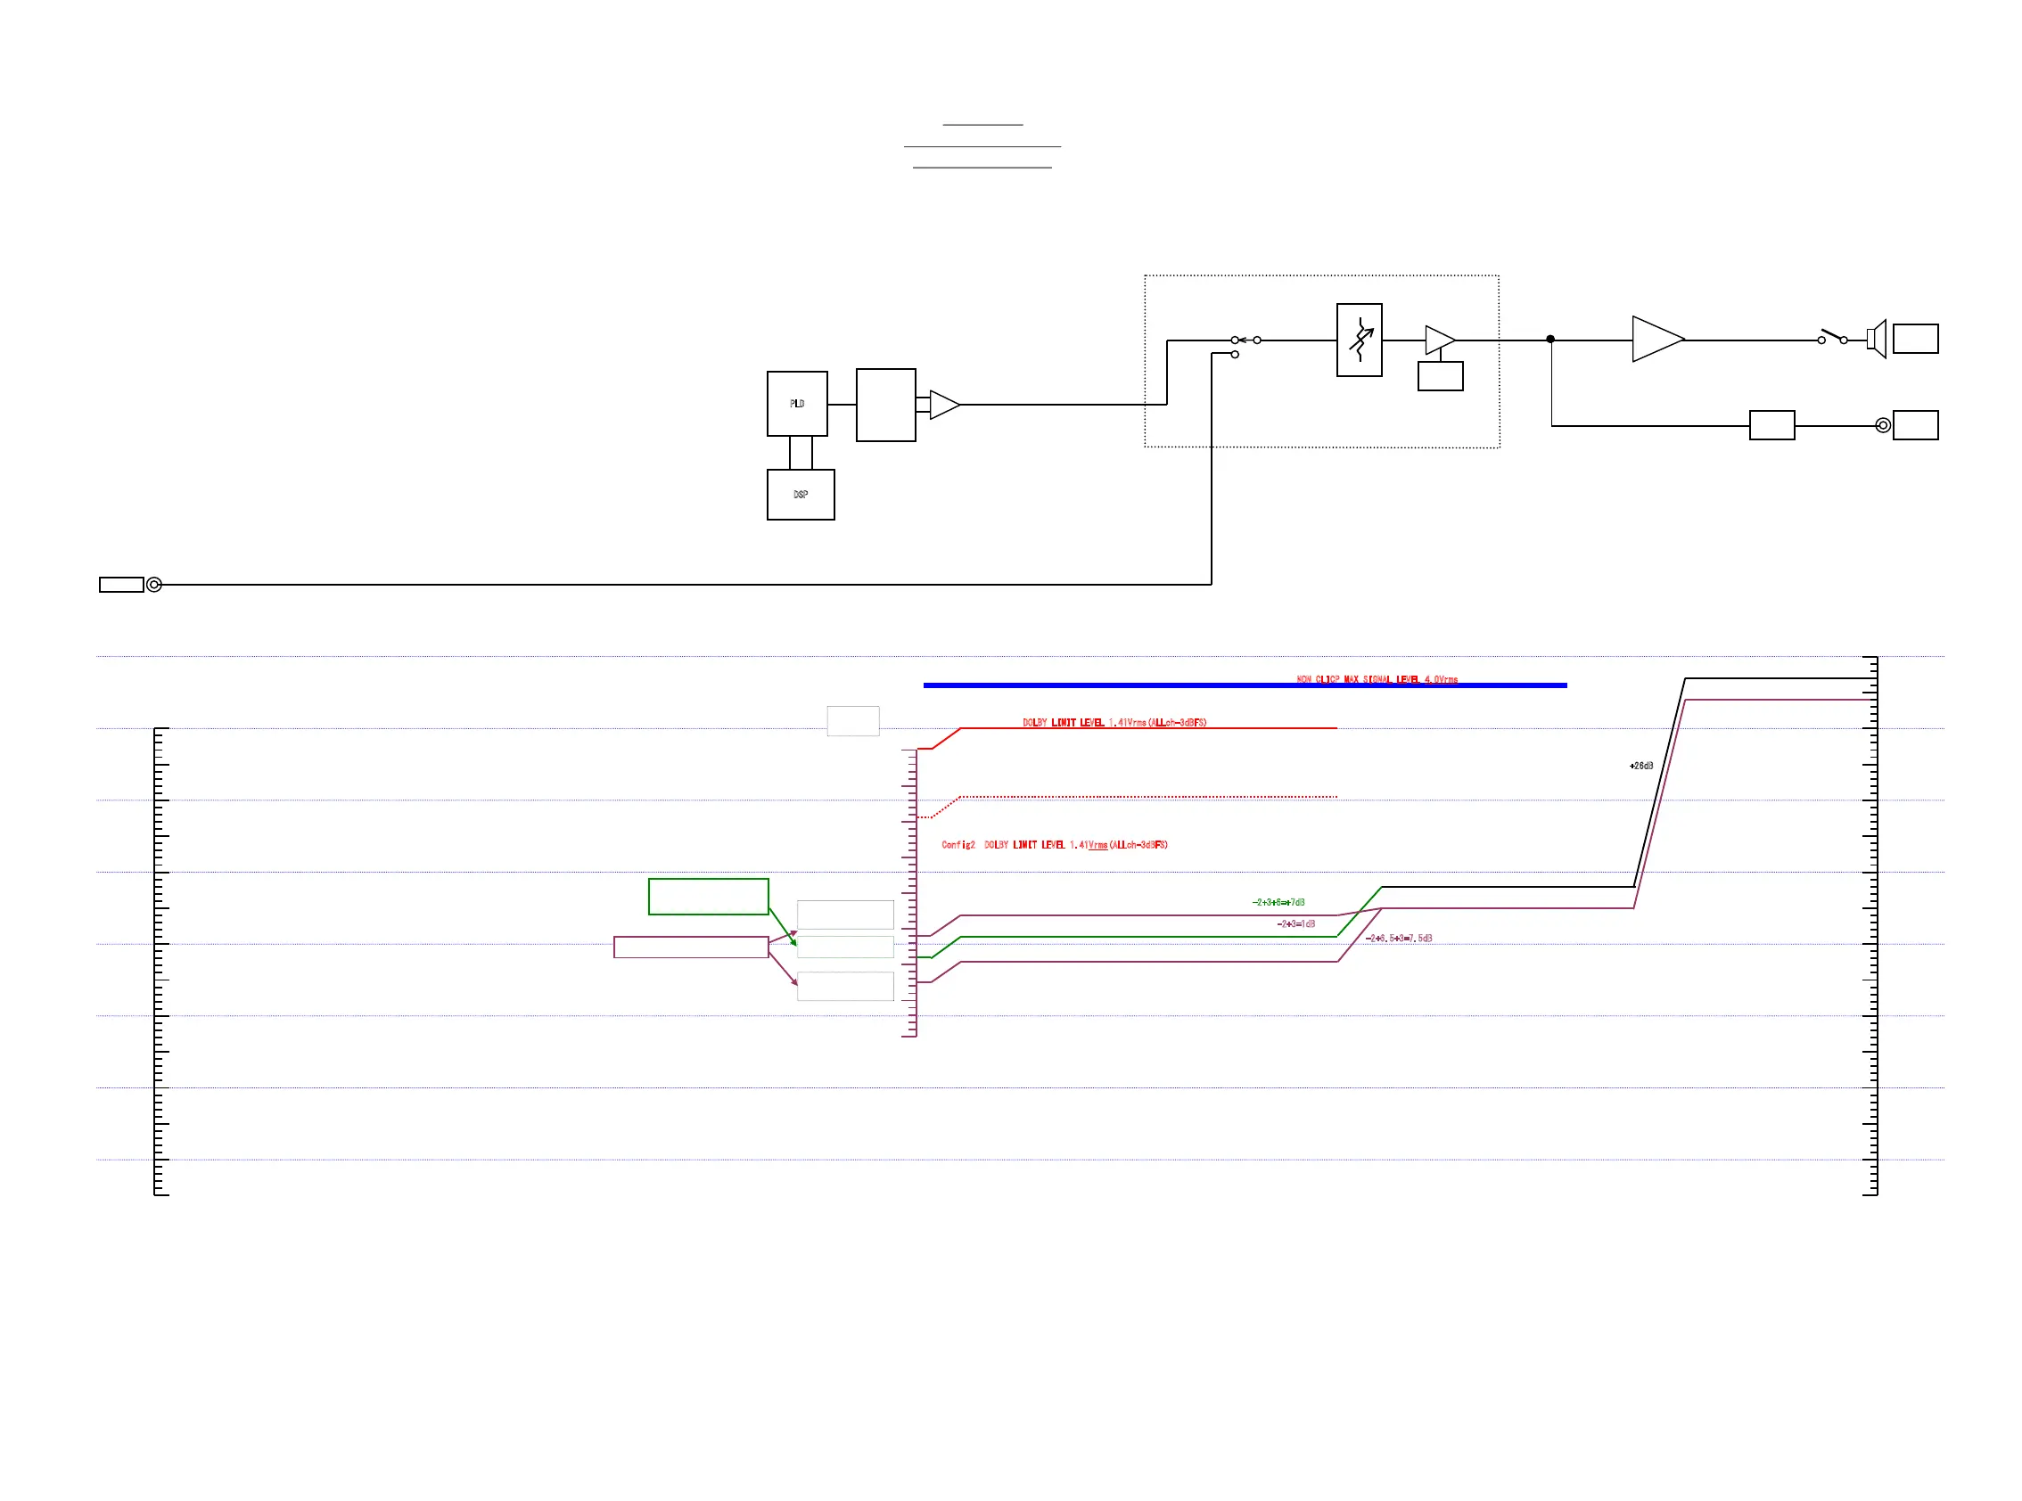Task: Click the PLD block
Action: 796,404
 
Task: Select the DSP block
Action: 800,495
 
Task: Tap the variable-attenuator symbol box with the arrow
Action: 1359,340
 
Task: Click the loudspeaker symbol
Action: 1876,339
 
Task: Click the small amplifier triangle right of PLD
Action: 942,405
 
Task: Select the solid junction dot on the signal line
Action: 1549,339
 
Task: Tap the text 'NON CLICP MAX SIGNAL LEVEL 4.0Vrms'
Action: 1376,678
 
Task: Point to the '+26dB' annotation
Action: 1640,766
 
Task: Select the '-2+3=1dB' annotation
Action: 1295,923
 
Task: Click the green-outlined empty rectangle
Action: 708,896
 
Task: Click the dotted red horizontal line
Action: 1145,797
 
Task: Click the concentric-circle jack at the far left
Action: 154,584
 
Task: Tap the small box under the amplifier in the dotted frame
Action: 1440,376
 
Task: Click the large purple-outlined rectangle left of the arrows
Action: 691,947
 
